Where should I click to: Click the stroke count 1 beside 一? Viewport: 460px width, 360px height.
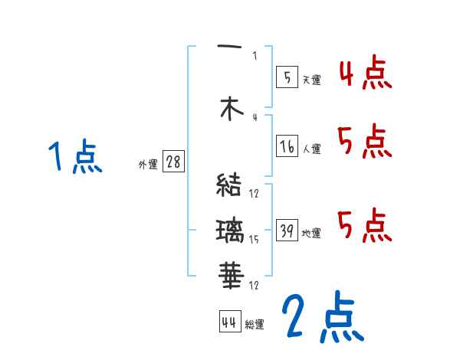coord(255,55)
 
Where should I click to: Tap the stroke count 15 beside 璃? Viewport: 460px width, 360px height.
coord(254,240)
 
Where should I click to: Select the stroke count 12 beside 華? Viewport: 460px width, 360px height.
coord(254,285)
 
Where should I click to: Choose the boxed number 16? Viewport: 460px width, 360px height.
coord(287,146)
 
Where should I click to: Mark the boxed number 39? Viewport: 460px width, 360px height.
coord(287,231)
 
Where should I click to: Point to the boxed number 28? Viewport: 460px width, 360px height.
coord(173,162)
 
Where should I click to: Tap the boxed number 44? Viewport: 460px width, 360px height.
coord(228,322)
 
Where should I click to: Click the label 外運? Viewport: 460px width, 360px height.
coord(147,164)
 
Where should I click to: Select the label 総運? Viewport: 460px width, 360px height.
coord(254,325)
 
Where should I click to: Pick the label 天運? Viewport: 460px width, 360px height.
coord(311,79)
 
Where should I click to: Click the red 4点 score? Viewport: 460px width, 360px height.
coord(365,74)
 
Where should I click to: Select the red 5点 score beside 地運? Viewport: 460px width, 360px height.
coord(365,225)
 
